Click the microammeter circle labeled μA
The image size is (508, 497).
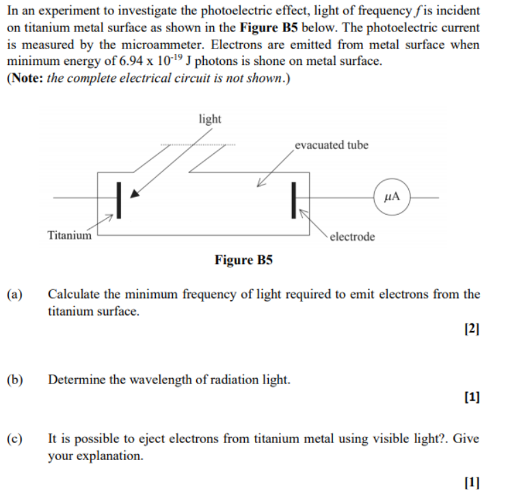(392, 197)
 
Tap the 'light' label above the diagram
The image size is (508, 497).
(210, 119)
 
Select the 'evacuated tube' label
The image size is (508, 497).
(332, 145)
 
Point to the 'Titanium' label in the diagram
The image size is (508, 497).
(69, 236)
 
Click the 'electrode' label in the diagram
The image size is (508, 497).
(352, 237)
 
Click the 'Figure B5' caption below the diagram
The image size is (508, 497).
(243, 260)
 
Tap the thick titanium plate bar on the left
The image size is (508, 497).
(119, 200)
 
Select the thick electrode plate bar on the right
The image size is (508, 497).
(294, 200)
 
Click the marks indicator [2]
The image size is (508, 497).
(472, 329)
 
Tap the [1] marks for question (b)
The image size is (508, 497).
(472, 396)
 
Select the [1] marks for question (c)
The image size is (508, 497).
(472, 483)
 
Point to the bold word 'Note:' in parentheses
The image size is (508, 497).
(27, 78)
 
